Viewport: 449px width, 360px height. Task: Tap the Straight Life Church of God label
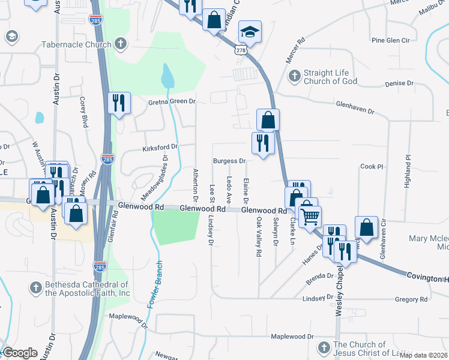pyautogui.click(x=330, y=77)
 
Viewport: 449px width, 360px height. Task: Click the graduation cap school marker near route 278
pyautogui.click(x=250, y=31)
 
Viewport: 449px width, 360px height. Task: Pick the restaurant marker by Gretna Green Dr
pyautogui.click(x=118, y=103)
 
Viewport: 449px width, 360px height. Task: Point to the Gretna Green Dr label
pyautogui.click(x=172, y=102)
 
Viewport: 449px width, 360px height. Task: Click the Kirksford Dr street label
pyautogui.click(x=160, y=147)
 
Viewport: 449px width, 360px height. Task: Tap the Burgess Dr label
pyautogui.click(x=229, y=161)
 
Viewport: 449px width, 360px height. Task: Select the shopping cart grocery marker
pyautogui.click(x=310, y=217)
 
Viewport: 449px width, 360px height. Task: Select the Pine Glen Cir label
pyautogui.click(x=390, y=40)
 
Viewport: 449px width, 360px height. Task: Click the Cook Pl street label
pyautogui.click(x=372, y=167)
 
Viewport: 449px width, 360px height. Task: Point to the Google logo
pyautogui.click(x=20, y=353)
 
